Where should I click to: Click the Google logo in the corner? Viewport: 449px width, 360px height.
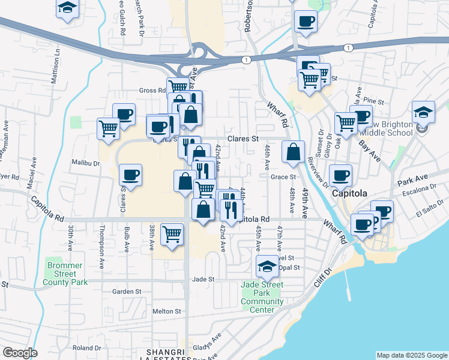[19, 353]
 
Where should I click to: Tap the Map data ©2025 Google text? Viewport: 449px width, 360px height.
[412, 355]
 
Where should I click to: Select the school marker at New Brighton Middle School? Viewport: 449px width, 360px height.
[423, 112]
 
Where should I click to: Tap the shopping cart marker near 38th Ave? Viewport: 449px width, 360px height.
[172, 234]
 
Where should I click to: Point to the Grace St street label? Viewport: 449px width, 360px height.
[284, 177]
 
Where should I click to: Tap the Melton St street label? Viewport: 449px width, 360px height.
[166, 311]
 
